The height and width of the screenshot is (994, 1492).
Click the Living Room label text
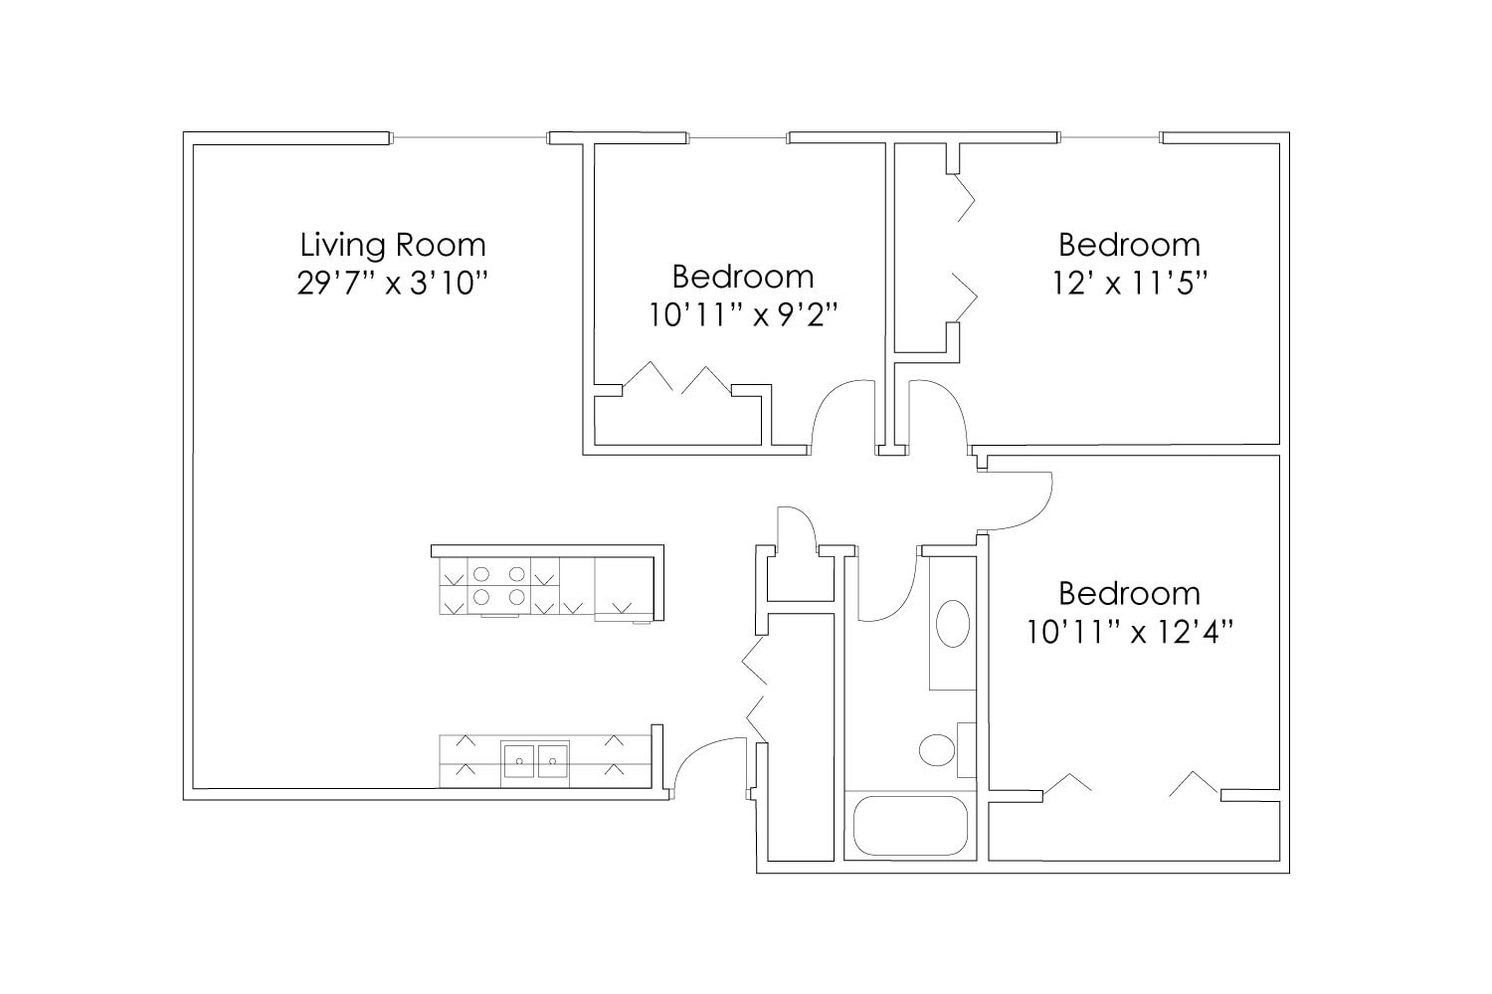coord(393,245)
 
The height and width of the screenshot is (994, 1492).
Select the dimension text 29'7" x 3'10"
coord(393,284)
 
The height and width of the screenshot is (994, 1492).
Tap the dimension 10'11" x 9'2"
coord(743,315)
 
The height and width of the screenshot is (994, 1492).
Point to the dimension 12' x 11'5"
coord(1129,284)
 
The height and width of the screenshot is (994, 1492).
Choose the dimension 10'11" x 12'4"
coord(1129,632)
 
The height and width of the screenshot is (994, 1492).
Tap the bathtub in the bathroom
coord(910,825)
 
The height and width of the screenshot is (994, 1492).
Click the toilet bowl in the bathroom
coord(936,749)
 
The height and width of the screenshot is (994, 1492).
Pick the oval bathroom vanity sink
coord(953,624)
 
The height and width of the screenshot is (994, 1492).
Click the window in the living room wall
coord(468,137)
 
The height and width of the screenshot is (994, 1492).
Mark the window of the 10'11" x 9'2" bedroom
coord(737,137)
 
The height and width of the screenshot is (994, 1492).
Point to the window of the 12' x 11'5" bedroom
coord(1109,137)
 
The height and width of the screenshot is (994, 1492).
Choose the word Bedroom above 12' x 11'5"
coord(1129,245)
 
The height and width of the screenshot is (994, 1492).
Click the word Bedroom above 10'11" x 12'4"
coord(1129,594)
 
